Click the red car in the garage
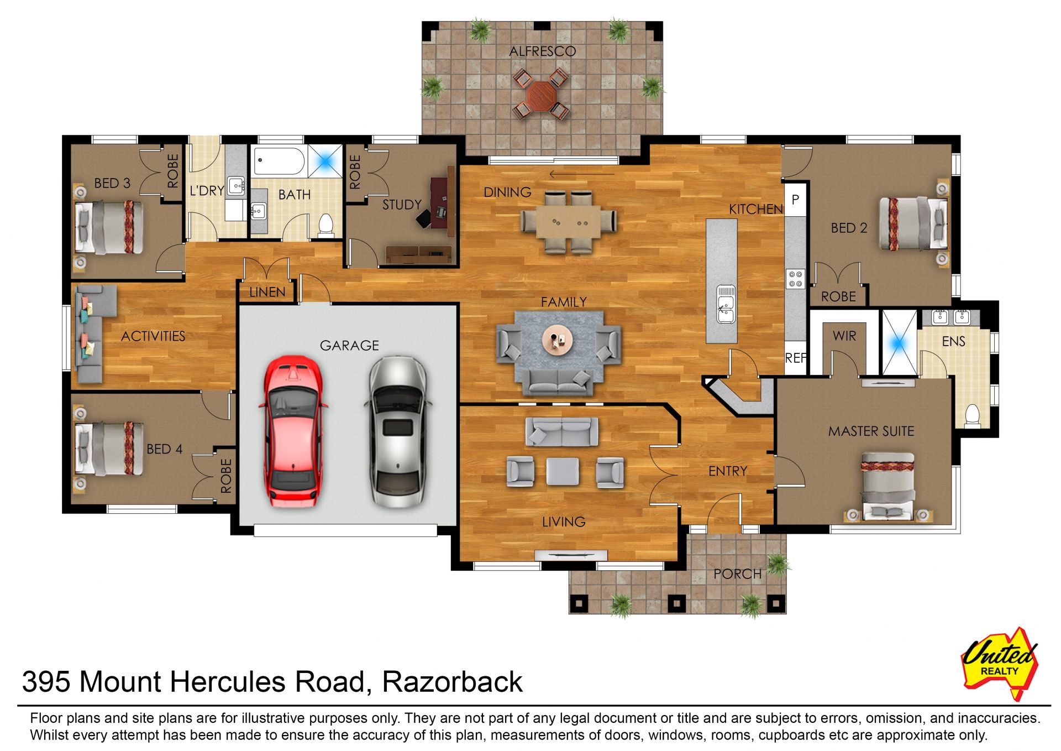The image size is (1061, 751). click(x=292, y=431)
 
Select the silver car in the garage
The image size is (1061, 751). click(x=397, y=432)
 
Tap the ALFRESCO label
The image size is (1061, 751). click(x=543, y=51)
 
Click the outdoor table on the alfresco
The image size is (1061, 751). click(x=541, y=94)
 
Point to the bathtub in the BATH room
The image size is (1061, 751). click(x=279, y=161)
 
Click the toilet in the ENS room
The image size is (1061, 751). click(x=971, y=415)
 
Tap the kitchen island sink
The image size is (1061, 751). click(x=726, y=304)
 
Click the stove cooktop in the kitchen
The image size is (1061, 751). click(x=795, y=278)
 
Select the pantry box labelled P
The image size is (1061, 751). click(x=795, y=200)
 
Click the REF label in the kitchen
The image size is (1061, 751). click(x=796, y=358)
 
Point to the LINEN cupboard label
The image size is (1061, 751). click(x=267, y=292)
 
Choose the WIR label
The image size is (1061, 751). click(x=844, y=336)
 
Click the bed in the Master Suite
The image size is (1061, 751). click(x=887, y=487)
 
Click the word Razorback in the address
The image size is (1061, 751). click(x=452, y=681)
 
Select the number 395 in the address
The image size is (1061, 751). click(x=46, y=681)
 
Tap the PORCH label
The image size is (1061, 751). click(x=737, y=574)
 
